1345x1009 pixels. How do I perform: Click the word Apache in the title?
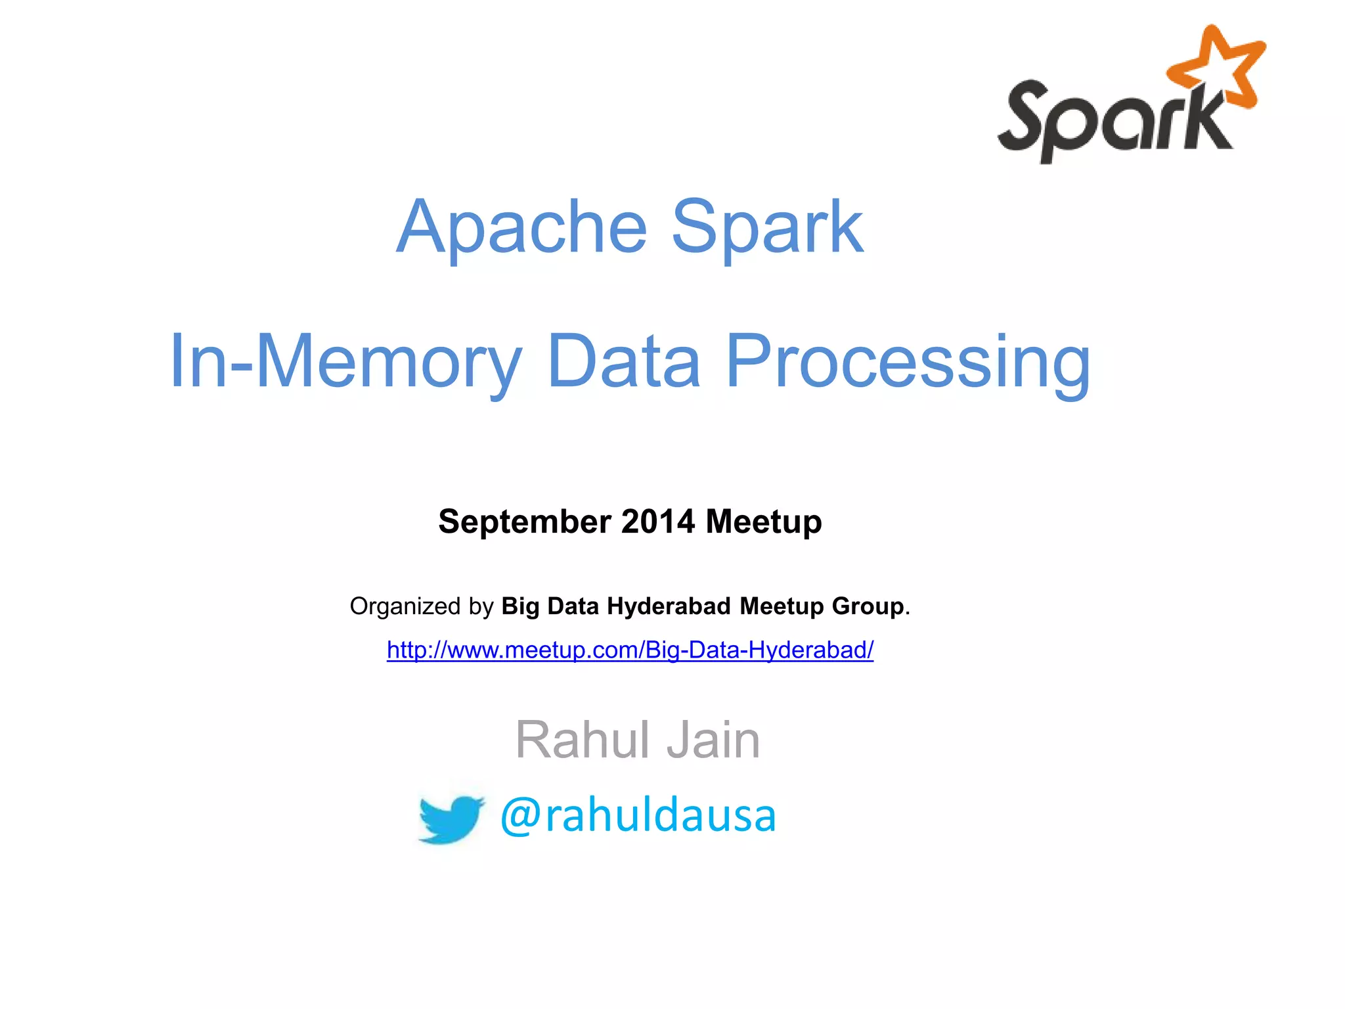522,227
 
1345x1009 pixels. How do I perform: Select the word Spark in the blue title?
766,227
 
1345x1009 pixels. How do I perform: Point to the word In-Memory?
345,361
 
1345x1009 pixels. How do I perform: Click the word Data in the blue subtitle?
624,361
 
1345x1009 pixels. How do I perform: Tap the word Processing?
908,361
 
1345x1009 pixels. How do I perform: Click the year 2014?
658,522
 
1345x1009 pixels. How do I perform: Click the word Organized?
405,606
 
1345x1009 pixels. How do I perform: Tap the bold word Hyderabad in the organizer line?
669,606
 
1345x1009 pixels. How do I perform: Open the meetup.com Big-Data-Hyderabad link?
630,650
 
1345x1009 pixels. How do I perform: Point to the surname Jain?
713,740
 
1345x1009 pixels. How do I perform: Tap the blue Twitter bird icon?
451,818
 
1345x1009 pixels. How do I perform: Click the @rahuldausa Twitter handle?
638,815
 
